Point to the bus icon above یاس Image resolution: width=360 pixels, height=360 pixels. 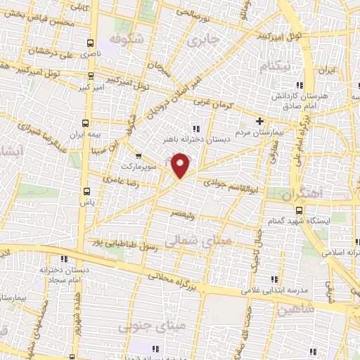86,191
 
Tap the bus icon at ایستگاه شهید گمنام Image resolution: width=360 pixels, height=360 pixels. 300,210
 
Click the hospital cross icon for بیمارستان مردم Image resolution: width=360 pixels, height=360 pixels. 260,121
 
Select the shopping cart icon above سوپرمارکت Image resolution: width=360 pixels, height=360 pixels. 138,156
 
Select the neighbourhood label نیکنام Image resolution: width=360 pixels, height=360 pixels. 274,66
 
